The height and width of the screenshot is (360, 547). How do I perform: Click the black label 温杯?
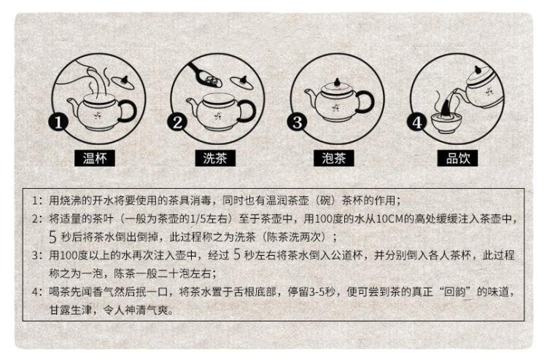pyautogui.click(x=95, y=158)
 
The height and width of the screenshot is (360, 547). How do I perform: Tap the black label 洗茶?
pyautogui.click(x=215, y=158)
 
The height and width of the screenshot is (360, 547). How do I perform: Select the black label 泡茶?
pyautogui.click(x=334, y=158)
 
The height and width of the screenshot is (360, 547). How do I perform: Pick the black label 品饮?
pyautogui.click(x=457, y=158)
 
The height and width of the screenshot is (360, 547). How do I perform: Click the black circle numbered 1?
pyautogui.click(x=58, y=122)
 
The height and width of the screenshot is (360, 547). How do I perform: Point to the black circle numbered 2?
pyautogui.click(x=177, y=122)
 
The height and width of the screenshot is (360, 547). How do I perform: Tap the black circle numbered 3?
pyautogui.click(x=297, y=122)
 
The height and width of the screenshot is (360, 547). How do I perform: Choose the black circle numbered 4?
pyautogui.click(x=417, y=122)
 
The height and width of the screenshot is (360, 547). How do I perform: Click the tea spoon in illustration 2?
pyautogui.click(x=206, y=76)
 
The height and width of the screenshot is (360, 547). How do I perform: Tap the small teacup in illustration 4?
pyautogui.click(x=445, y=122)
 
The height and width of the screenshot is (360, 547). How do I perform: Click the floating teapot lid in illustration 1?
pyautogui.click(x=123, y=82)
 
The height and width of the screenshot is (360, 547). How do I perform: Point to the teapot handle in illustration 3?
pyautogui.click(x=365, y=101)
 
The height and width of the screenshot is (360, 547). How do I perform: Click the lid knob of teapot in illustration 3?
pyautogui.click(x=337, y=82)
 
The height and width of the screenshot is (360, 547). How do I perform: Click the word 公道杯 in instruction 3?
pyautogui.click(x=346, y=256)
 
